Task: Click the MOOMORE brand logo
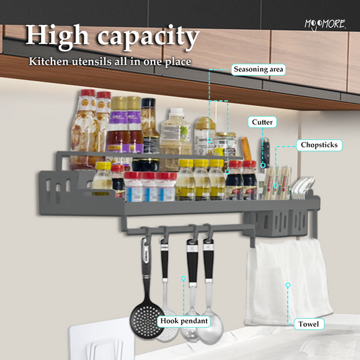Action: (325, 24)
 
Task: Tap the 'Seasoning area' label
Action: (258, 70)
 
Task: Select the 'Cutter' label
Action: (262, 122)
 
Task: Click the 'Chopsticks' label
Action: (319, 145)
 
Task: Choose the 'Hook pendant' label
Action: (184, 321)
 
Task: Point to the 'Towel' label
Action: (309, 324)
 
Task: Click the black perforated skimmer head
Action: (147, 319)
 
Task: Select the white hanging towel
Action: (288, 281)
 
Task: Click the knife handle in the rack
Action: (265, 151)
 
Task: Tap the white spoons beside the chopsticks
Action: (301, 186)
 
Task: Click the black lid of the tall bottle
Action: (149, 103)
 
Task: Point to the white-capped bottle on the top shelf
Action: (176, 131)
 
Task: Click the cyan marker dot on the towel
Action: (288, 285)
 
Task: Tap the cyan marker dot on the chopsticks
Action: (276, 186)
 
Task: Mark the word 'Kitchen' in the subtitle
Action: (49, 61)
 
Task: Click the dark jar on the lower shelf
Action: (146, 165)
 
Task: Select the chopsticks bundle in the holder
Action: (277, 182)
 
